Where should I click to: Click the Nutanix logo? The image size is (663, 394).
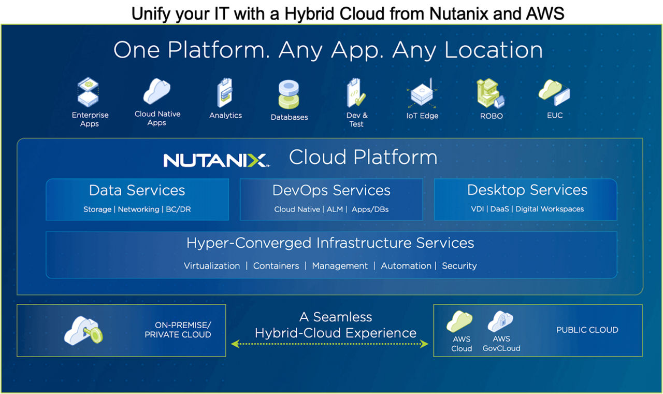[x=215, y=160]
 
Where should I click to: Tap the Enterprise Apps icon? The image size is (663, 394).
[x=89, y=92]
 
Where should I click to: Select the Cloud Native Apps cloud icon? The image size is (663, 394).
[x=156, y=91]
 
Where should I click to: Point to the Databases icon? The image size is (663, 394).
[x=289, y=94]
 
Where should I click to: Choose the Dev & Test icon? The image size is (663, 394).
[x=356, y=93]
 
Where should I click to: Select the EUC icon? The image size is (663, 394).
[x=554, y=92]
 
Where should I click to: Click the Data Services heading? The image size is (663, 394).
[x=137, y=190]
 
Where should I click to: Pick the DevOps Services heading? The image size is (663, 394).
[x=331, y=190]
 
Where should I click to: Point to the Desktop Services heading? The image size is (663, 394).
[x=527, y=190]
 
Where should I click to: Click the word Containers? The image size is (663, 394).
[x=276, y=266]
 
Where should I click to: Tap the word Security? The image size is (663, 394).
[x=459, y=266]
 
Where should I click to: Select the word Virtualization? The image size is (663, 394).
[x=212, y=266]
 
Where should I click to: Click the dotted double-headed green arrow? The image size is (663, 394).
[x=330, y=343]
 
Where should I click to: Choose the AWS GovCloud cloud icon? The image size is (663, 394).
[x=500, y=321]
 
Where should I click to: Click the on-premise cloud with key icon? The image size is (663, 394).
[x=83, y=330]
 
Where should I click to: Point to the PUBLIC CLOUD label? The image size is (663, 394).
[x=587, y=330]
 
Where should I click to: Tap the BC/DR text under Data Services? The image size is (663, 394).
[x=178, y=209]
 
